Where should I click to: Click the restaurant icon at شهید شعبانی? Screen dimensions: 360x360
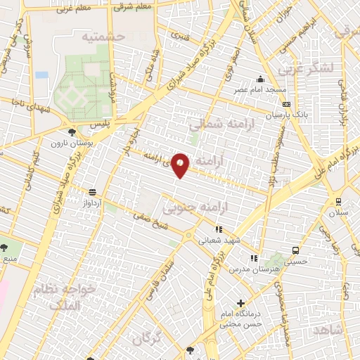tap(219, 229)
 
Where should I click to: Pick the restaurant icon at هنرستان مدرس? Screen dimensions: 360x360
tap(253, 258)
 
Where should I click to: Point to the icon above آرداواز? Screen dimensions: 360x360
tap(92, 191)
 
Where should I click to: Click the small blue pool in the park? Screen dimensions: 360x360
tap(41, 75)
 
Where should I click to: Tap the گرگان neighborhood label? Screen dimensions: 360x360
tap(146, 338)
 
